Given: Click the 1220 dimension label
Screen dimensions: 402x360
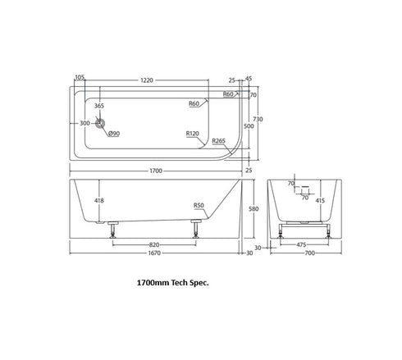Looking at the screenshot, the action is click(147, 80).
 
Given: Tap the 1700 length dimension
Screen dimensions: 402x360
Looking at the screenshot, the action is click(156, 171).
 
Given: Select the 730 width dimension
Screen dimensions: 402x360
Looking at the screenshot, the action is click(258, 119).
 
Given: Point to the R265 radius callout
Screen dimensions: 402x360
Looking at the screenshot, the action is click(219, 141).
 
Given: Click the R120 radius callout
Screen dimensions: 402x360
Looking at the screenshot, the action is click(193, 134).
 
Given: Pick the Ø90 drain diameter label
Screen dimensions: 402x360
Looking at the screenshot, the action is click(114, 134).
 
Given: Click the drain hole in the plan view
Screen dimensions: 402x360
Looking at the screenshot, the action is click(100, 124).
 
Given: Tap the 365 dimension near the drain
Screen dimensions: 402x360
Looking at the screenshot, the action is click(99, 106).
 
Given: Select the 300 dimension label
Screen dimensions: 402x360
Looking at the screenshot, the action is click(85, 123).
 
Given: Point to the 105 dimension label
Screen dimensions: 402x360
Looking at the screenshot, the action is click(80, 77).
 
